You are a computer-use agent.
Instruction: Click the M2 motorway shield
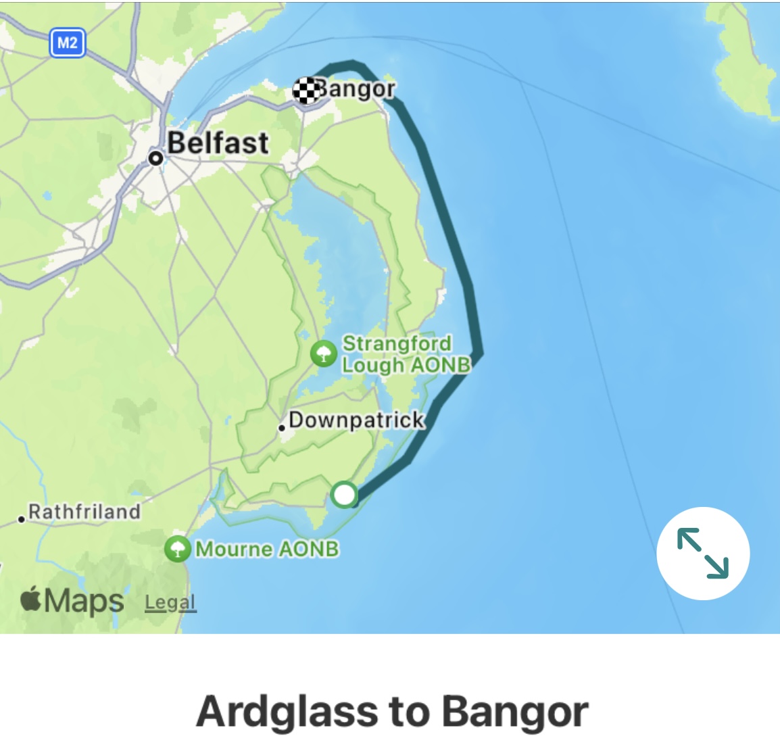pyautogui.click(x=67, y=44)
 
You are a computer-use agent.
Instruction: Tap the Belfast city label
pyautogui.click(x=218, y=143)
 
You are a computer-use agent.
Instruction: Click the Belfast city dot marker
pyautogui.click(x=156, y=158)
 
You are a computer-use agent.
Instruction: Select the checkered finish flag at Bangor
pyautogui.click(x=306, y=91)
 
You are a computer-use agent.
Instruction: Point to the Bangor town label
pyautogui.click(x=356, y=89)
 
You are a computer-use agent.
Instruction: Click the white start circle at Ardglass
pyautogui.click(x=345, y=494)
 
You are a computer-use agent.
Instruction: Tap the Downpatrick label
pyautogui.click(x=356, y=420)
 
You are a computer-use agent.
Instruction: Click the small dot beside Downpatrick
pyautogui.click(x=282, y=428)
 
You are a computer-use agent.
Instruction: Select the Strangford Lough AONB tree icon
pyautogui.click(x=324, y=354)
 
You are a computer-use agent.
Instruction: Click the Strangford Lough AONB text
pyautogui.click(x=405, y=354)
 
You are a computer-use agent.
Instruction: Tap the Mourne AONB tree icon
pyautogui.click(x=178, y=548)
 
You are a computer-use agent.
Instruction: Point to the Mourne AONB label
pyautogui.click(x=267, y=548)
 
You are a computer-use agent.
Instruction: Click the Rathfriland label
pyautogui.click(x=84, y=512)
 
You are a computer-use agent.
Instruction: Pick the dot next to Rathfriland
pyautogui.click(x=22, y=519)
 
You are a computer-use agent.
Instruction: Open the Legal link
pyautogui.click(x=170, y=602)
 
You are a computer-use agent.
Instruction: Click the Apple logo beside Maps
pyautogui.click(x=31, y=600)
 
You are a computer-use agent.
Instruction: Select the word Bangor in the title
pyautogui.click(x=515, y=712)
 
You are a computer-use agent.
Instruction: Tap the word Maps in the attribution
pyautogui.click(x=84, y=601)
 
